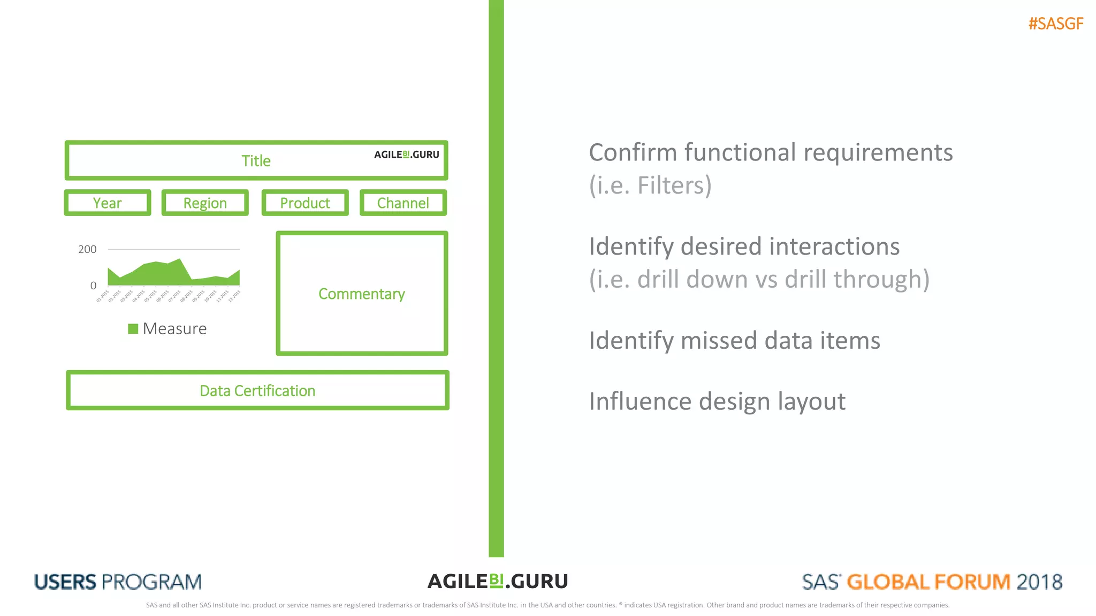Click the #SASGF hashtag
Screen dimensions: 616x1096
[x=1055, y=24]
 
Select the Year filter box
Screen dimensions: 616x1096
[x=108, y=203]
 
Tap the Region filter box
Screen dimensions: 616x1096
[x=205, y=203]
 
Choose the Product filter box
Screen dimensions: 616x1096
[x=305, y=203]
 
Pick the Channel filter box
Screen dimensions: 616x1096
[x=403, y=203]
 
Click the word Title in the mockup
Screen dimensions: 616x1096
[x=256, y=161]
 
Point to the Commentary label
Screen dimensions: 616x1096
[x=362, y=294]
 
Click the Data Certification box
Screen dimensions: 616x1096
[x=257, y=390]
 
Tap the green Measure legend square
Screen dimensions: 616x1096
[x=133, y=328]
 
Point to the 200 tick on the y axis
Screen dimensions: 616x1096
[x=87, y=249]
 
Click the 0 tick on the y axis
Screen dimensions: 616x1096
[x=93, y=286]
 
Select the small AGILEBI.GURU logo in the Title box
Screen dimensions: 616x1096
[x=407, y=155]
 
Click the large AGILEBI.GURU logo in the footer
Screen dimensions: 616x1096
[x=498, y=581]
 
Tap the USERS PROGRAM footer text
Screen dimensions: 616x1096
[x=118, y=582]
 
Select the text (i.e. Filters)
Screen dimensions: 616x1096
[x=650, y=186]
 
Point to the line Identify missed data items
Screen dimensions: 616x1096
[x=734, y=341]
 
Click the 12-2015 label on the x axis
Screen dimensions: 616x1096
[x=234, y=296]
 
